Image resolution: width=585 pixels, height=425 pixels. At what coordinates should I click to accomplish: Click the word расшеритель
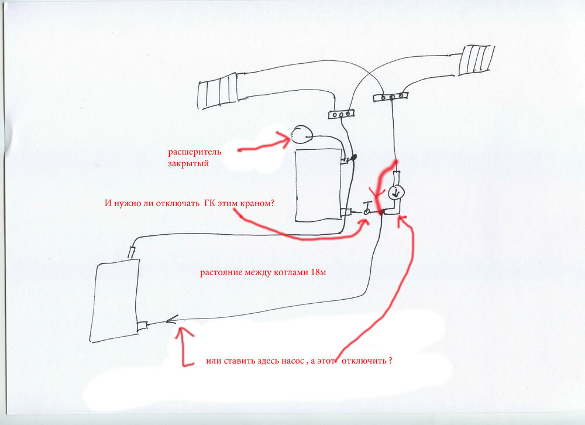pos(194,152)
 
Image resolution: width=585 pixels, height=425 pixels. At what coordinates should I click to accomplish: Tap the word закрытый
pos(188,163)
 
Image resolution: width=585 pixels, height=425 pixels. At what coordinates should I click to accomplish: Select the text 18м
pos(318,272)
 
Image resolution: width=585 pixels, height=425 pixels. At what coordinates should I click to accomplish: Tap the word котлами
pos(291,272)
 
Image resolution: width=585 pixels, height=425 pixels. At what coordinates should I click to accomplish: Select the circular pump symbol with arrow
pos(395,193)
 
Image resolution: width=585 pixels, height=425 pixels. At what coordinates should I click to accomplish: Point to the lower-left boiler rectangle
pos(115,300)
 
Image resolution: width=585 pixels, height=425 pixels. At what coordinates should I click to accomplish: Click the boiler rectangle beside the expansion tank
pos(318,185)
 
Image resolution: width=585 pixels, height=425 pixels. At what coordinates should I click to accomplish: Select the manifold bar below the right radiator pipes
pos(390,97)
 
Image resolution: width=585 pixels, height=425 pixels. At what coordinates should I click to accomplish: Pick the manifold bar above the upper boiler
pos(342,114)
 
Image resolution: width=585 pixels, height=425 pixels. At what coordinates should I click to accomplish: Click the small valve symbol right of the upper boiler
pos(367,209)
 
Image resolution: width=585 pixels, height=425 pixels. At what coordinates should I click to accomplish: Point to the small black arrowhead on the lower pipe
pos(171,320)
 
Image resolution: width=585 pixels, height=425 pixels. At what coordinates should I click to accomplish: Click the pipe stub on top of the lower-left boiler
pos(132,252)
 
